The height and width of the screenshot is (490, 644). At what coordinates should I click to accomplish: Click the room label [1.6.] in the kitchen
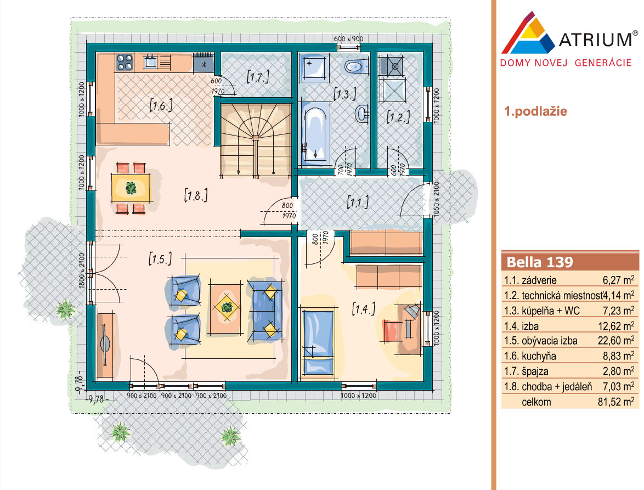[x=161, y=105]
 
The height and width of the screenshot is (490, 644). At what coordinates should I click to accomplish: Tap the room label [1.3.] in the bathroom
[x=344, y=94]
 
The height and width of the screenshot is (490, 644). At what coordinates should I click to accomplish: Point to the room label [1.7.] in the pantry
[x=258, y=76]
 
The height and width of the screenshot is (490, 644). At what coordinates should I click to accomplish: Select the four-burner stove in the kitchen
[x=125, y=63]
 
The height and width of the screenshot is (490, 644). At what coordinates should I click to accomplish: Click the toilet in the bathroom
[x=354, y=66]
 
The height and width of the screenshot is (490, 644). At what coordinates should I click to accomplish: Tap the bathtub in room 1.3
[x=315, y=134]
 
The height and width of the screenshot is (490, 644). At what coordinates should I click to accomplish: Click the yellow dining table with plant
[x=131, y=188]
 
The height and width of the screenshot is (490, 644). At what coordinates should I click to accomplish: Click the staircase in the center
[x=256, y=139]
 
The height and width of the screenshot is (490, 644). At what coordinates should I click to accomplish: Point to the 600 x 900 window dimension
[x=348, y=38]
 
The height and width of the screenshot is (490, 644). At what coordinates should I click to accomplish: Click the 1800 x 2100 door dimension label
[x=81, y=270]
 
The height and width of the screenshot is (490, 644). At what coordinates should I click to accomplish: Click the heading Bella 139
[x=540, y=262]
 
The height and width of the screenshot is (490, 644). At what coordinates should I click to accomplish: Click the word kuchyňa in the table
[x=539, y=356]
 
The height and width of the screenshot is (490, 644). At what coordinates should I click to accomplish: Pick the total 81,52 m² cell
[x=616, y=402]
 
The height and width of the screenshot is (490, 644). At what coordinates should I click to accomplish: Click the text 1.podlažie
[x=535, y=111]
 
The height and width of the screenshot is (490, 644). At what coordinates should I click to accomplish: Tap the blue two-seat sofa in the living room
[x=265, y=310]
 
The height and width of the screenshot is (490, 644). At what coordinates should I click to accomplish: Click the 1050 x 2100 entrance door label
[x=436, y=200]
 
